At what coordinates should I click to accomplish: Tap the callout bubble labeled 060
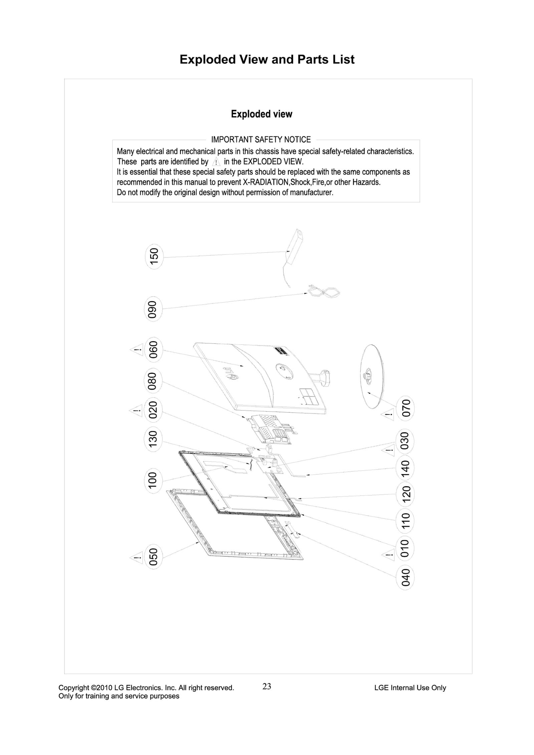tap(154, 349)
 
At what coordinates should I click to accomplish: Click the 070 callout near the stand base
tap(405, 408)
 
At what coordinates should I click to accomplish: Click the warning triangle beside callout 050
tap(136, 557)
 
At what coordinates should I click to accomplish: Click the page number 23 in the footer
tap(267, 686)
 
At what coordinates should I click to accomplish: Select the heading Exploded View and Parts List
tap(267, 59)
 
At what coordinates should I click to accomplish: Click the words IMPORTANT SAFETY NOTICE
tap(261, 139)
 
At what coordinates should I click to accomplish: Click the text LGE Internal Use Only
tap(410, 687)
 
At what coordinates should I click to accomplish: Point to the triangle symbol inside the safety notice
tap(216, 162)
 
